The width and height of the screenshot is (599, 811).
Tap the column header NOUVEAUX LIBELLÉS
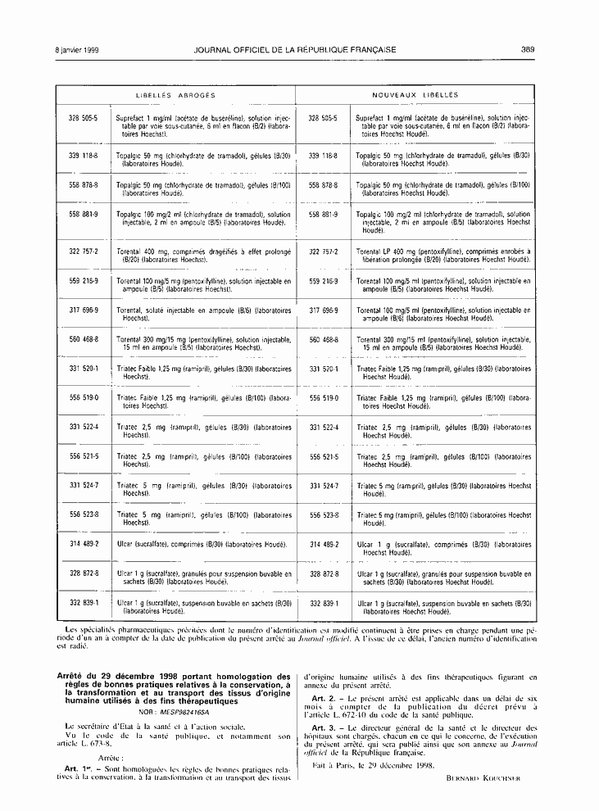(415, 95)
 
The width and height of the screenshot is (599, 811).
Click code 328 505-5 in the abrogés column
(84, 118)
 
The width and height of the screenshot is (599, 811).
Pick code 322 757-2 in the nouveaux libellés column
(324, 251)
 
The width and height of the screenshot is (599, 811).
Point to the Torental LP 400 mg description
(443, 255)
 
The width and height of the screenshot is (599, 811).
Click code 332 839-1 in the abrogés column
(84, 602)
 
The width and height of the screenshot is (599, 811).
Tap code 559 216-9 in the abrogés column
(84, 281)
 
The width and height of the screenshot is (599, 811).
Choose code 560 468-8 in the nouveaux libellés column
(324, 339)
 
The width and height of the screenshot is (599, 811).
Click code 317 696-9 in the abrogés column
(84, 310)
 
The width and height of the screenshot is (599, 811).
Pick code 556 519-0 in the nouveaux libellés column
(324, 396)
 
